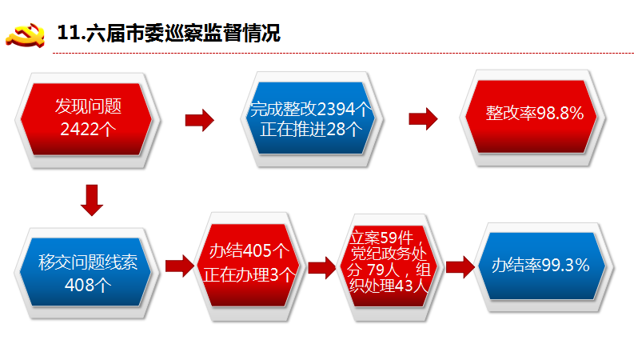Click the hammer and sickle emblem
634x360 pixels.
(25, 35)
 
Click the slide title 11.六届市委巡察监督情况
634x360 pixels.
(169, 33)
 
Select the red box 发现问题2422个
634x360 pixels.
(86, 119)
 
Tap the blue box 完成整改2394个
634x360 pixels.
(310, 118)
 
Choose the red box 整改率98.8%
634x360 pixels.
(532, 117)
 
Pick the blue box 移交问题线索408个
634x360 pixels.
(86, 272)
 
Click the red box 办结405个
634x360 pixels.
(249, 265)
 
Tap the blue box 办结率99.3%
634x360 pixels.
(542, 266)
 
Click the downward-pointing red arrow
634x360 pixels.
(92, 200)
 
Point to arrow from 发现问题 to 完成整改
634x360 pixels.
(200, 120)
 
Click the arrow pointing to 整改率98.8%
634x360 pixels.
(424, 119)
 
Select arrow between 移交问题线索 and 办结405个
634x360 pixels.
(181, 266)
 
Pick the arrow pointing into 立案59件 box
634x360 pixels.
(322, 267)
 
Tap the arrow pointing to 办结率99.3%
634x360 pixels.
(461, 267)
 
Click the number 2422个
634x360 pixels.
(88, 130)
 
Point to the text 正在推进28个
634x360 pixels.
(311, 130)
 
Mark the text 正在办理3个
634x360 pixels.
(249, 275)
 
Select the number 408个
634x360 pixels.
(88, 285)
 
